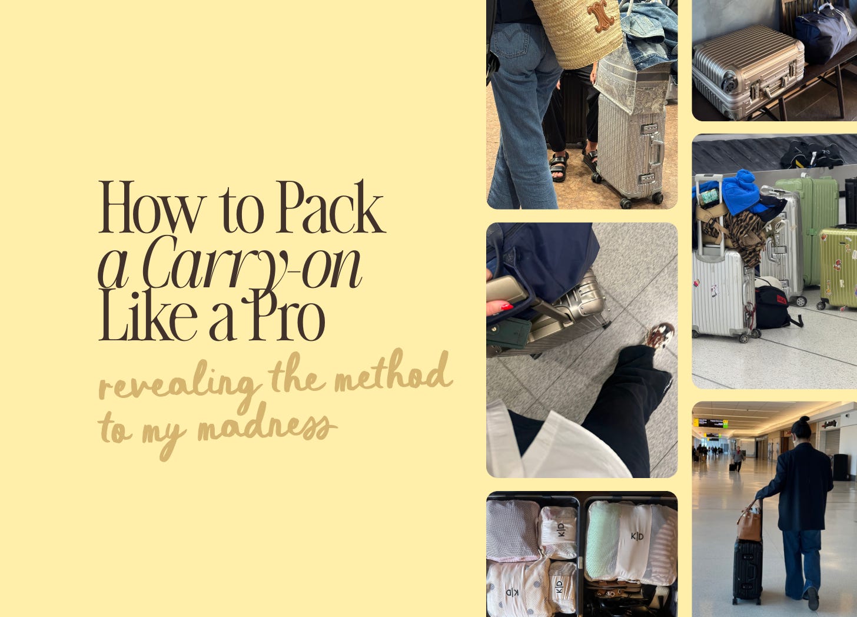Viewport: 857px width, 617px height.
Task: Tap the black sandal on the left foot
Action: tap(559, 167)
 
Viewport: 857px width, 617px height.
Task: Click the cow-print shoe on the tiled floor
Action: tap(660, 336)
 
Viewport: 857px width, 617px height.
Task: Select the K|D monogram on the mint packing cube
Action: tap(637, 536)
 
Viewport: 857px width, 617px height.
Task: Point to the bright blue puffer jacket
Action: tap(740, 193)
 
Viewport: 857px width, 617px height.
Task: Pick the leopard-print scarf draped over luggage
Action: tap(740, 237)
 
